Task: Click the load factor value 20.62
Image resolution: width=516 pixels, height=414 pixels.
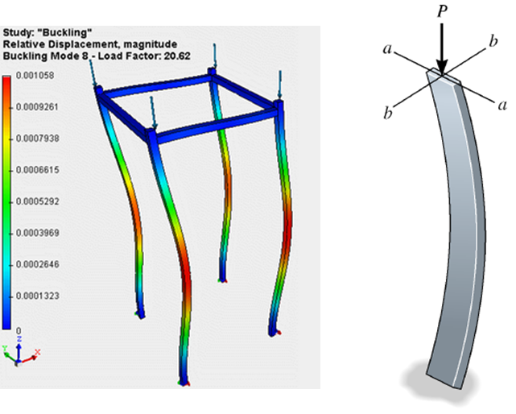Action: pos(177,56)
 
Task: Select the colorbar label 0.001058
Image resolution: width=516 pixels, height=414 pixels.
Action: pos(35,76)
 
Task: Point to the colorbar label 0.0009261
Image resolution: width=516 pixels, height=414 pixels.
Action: pos(37,107)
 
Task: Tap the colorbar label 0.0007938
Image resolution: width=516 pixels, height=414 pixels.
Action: pos(38,139)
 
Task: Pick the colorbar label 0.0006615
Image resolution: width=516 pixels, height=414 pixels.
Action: pos(38,170)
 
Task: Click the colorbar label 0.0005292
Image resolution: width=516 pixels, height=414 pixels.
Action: pos(38,201)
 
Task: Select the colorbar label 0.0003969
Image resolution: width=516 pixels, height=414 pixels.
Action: pos(38,233)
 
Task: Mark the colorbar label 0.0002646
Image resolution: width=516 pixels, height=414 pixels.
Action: pos(38,264)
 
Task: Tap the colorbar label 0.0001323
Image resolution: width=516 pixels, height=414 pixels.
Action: pos(38,296)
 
